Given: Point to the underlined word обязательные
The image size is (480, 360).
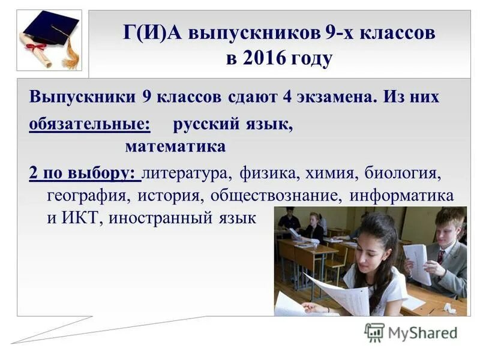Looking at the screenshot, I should click(x=89, y=125).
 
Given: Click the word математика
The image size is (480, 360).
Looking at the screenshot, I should click(x=175, y=146).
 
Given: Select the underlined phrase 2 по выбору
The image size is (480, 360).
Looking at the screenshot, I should click(x=83, y=173).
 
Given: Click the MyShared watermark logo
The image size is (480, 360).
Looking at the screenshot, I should click(x=411, y=332).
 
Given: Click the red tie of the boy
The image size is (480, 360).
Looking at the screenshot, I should click(x=441, y=256).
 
